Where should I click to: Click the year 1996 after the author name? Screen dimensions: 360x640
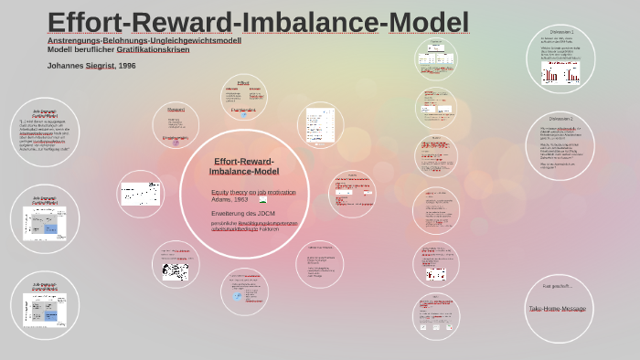(x=127, y=66)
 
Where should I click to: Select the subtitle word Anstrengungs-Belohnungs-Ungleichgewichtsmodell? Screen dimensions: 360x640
(x=144, y=40)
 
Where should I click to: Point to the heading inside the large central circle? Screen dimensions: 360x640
(x=244, y=166)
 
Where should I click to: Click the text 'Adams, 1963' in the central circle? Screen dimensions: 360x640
(x=229, y=199)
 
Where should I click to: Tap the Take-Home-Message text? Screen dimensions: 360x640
(x=558, y=309)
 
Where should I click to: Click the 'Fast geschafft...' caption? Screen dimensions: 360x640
(x=557, y=287)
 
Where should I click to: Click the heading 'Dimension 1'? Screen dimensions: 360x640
(x=562, y=32)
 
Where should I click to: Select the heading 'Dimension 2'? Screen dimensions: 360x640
(x=561, y=119)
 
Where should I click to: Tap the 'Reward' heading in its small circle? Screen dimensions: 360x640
(x=175, y=109)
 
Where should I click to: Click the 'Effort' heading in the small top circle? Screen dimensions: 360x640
(x=242, y=82)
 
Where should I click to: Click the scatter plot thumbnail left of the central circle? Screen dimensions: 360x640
(x=142, y=194)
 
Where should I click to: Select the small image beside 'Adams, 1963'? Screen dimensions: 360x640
(x=263, y=199)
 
